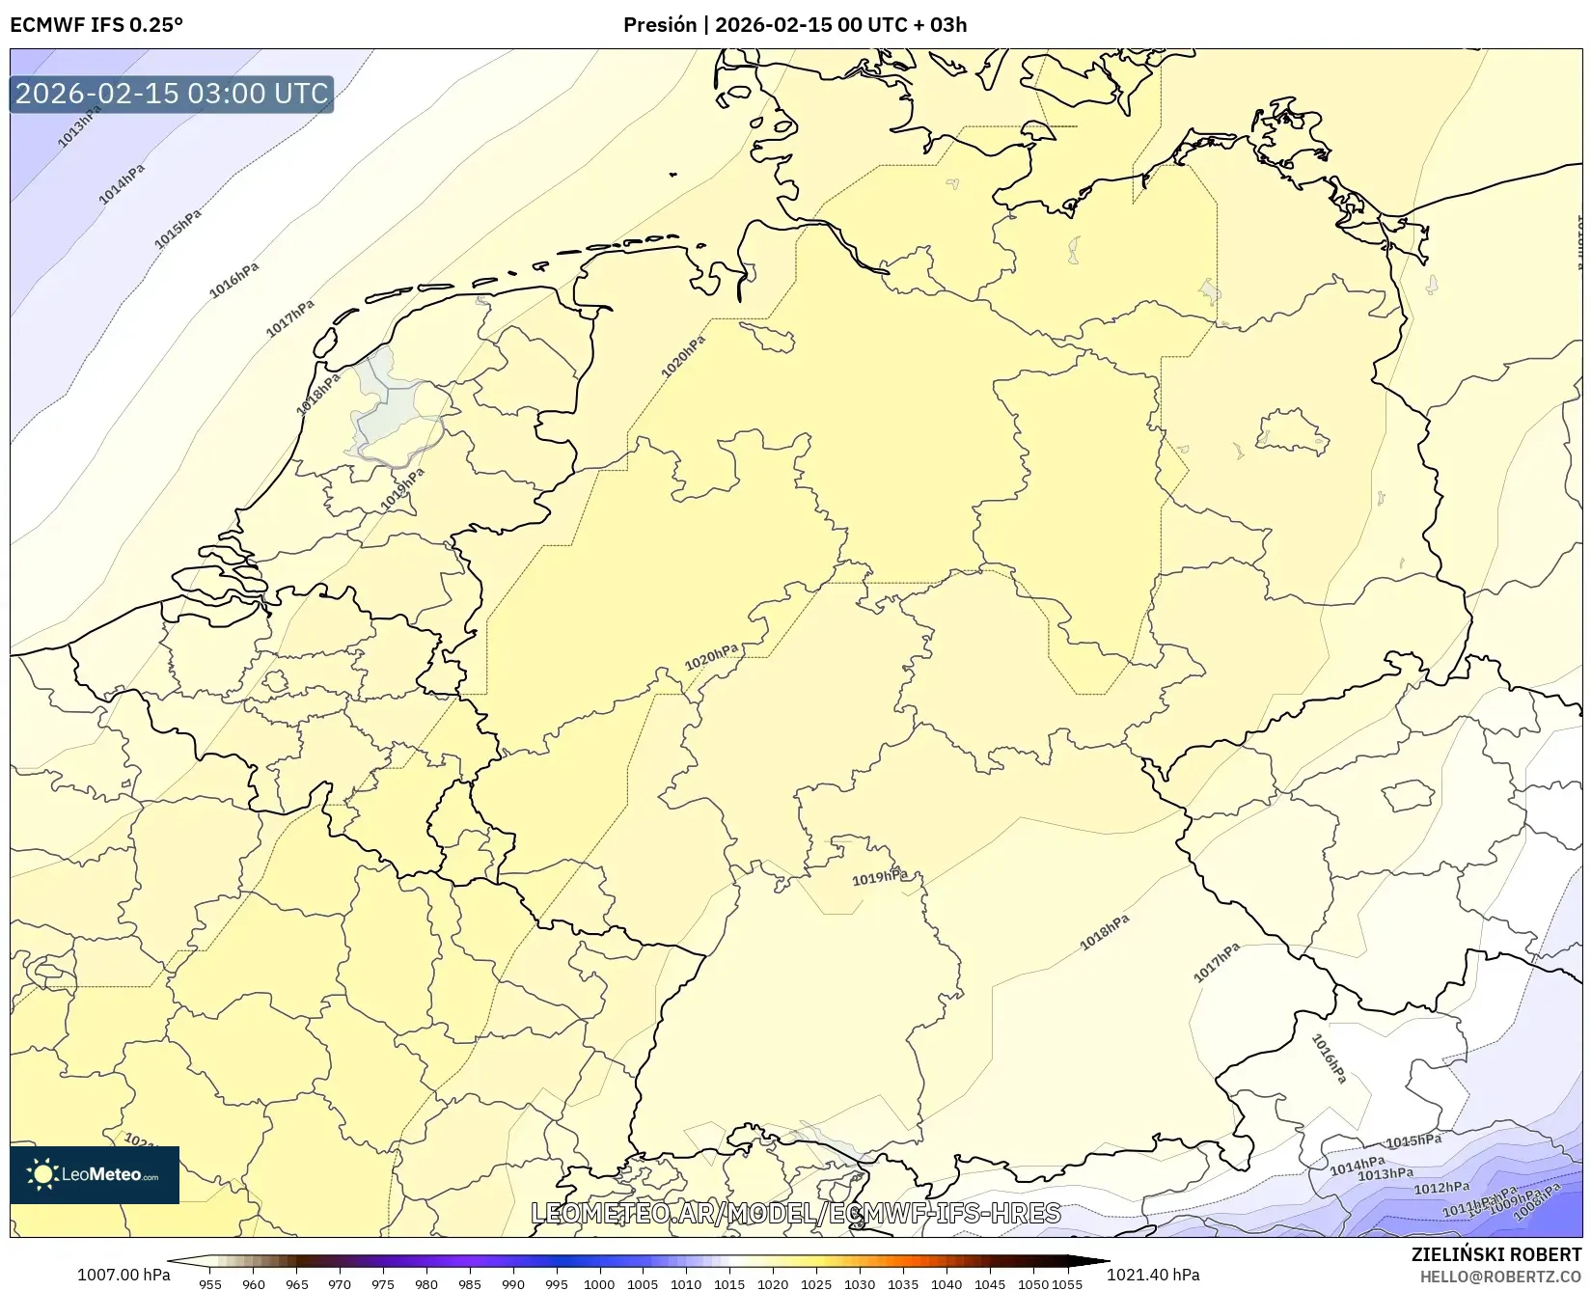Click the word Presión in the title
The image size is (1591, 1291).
tap(660, 25)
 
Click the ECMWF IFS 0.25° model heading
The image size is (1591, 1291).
tap(96, 25)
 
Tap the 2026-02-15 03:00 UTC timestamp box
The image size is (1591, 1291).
tap(172, 95)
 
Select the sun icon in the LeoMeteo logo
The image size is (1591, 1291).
tap(42, 1174)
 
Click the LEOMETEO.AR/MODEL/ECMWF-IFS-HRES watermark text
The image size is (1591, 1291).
tap(796, 1213)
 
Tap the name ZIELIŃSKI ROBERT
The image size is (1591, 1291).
tap(1496, 1254)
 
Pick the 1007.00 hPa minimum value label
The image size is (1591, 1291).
tap(123, 1275)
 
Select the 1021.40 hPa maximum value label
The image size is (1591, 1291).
tap(1153, 1275)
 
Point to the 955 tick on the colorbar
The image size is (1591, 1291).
tap(210, 1284)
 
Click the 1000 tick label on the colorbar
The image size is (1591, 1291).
tap(599, 1284)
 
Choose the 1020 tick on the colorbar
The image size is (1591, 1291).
tap(773, 1284)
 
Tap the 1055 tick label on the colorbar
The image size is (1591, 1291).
tap(1066, 1284)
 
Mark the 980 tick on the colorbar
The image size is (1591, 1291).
tap(426, 1284)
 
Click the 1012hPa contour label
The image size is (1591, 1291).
tap(1441, 1189)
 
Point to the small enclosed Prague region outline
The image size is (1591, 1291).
tap(1408, 795)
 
